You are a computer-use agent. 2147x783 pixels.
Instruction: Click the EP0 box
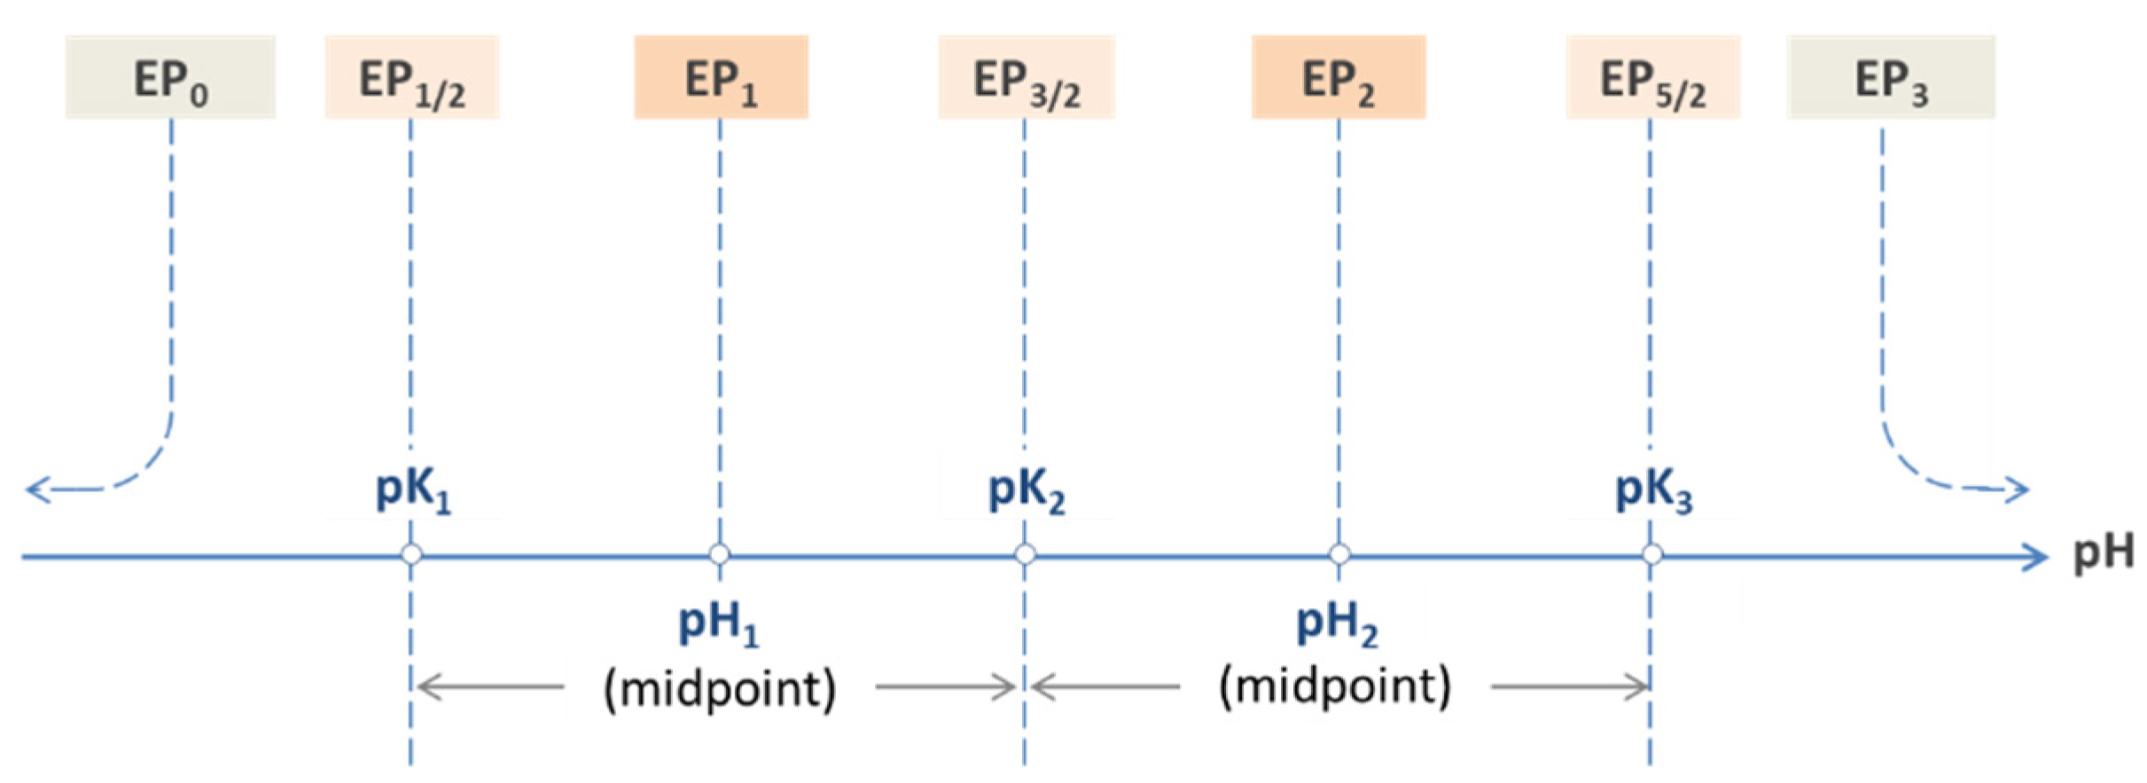pos(170,77)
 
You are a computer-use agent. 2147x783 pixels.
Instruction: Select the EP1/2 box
pos(412,77)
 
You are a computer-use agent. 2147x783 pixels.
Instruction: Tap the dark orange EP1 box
pos(721,77)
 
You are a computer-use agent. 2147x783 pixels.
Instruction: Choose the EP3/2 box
pos(1027,77)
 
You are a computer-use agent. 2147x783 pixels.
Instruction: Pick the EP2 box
pos(1339,77)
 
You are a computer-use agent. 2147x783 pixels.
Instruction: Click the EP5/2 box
pos(1652,77)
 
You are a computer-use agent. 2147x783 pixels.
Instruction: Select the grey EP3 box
pos(1891,77)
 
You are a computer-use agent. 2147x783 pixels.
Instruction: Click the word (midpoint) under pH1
pos(719,688)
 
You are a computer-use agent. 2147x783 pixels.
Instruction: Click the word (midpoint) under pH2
pos(1335,686)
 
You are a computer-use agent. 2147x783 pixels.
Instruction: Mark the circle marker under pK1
pos(411,555)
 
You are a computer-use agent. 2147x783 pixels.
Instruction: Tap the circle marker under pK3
pos(1651,555)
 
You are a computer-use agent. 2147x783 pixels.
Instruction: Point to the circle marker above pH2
pos(1339,555)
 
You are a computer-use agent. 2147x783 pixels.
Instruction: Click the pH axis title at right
pos(2103,555)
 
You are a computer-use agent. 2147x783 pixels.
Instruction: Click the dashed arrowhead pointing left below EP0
pos(35,489)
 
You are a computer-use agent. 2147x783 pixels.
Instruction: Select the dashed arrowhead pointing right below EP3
pos(2018,489)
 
